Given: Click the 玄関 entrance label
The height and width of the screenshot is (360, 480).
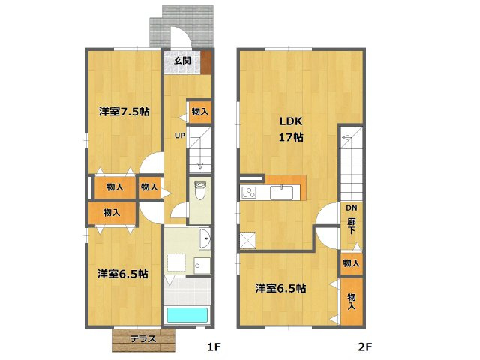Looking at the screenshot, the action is tap(182, 60).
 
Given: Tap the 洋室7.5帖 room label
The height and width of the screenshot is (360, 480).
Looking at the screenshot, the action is tap(124, 112).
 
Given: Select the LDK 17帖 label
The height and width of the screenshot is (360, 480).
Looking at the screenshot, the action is tap(291, 129).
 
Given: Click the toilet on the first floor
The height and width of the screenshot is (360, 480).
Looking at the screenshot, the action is tap(200, 190).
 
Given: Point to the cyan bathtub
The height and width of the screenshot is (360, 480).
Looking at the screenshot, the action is tap(187, 315).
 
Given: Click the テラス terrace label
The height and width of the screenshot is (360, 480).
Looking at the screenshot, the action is tap(143, 339).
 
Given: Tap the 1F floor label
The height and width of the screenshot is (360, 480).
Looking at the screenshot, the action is tap(214, 346).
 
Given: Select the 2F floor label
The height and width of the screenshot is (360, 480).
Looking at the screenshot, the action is tap(365, 346).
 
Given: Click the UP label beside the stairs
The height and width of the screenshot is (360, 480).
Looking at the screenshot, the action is tap(180, 135).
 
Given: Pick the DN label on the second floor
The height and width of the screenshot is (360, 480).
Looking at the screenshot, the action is tap(352, 208).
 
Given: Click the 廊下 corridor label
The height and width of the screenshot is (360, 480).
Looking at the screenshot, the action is tap(352, 226).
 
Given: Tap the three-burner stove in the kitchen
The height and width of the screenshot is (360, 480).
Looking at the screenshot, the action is tap(249, 193).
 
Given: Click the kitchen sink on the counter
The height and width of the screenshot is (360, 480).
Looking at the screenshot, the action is tap(281, 193).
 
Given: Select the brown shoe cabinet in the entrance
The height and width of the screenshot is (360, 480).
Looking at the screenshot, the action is tap(206, 62).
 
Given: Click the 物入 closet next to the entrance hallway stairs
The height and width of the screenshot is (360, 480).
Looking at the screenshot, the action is tap(200, 112).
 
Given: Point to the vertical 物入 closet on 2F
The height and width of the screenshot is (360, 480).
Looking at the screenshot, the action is tap(352, 301).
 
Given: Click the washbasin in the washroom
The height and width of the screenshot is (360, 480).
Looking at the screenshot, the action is tap(205, 238).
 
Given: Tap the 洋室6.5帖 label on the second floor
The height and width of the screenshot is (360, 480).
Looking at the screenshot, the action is tap(280, 288).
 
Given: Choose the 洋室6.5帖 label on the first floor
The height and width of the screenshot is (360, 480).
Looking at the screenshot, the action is tap(123, 273).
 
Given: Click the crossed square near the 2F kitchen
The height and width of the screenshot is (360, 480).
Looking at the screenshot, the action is tap(248, 240).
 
